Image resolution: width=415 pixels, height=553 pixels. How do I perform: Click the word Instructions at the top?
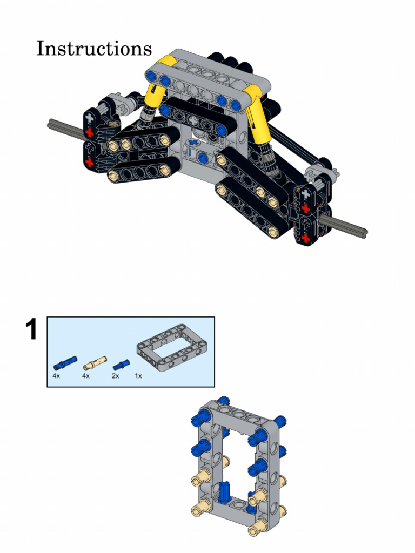coord(94,48)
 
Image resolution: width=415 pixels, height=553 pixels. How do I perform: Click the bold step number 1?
coord(32,330)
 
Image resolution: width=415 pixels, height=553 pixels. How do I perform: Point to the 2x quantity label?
coord(115,376)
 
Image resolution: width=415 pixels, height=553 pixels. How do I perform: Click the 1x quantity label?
coord(138,376)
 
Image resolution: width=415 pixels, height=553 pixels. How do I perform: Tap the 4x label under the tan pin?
coord(85,376)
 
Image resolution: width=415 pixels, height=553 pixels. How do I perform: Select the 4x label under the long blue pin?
coord(56,376)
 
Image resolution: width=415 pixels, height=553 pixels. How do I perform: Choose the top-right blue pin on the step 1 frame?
coord(279,422)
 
